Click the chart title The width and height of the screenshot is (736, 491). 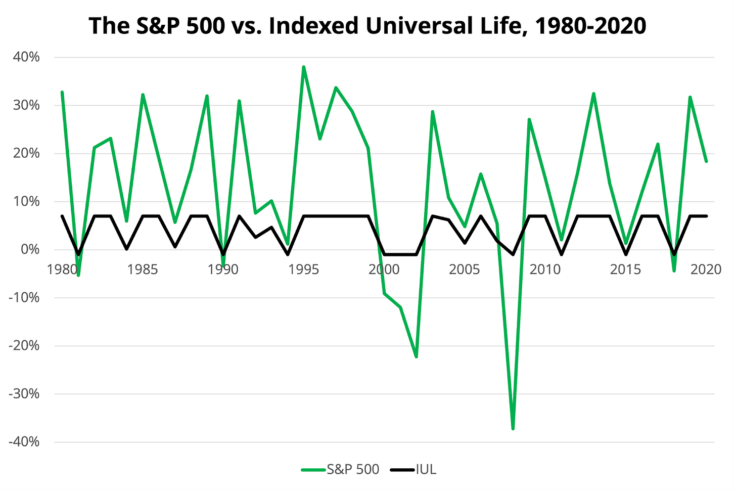[x=367, y=25]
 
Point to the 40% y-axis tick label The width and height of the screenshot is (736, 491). [x=26, y=57]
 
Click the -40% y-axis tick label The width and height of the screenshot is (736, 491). [x=24, y=441]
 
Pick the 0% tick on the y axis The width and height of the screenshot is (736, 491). [x=30, y=249]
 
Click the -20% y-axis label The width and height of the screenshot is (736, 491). [x=24, y=345]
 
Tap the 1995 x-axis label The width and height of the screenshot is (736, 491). [x=303, y=270]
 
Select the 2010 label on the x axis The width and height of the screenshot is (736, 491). [x=545, y=270]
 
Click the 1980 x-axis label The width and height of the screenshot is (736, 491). [x=62, y=270]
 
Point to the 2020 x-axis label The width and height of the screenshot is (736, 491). [x=706, y=270]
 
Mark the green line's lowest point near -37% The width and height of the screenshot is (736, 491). [x=513, y=428]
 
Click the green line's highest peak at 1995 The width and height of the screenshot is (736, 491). [x=303, y=67]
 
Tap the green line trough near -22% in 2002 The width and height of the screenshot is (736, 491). [x=416, y=356]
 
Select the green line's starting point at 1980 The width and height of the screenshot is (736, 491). [x=62, y=92]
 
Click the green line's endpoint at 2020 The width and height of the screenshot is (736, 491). [x=706, y=161]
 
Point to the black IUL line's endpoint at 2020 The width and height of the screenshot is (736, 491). [x=706, y=216]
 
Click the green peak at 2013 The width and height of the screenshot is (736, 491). [x=593, y=94]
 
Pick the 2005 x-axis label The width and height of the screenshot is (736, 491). [x=464, y=270]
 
